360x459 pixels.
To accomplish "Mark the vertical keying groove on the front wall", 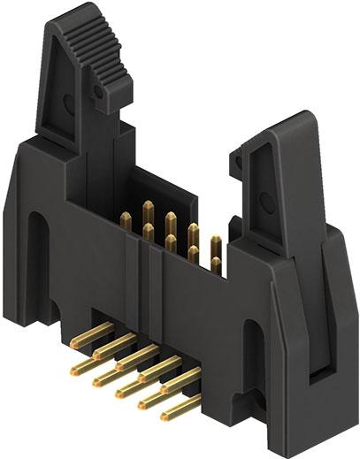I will pos(139,256).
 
